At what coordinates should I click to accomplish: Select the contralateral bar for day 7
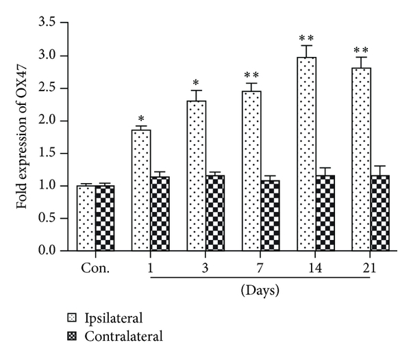tap(271, 215)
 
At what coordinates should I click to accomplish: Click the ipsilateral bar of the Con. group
tap(86, 218)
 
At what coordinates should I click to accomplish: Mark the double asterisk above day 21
tap(361, 50)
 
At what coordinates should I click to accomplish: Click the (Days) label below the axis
tap(260, 291)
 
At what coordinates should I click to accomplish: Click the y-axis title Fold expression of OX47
tap(23, 138)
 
